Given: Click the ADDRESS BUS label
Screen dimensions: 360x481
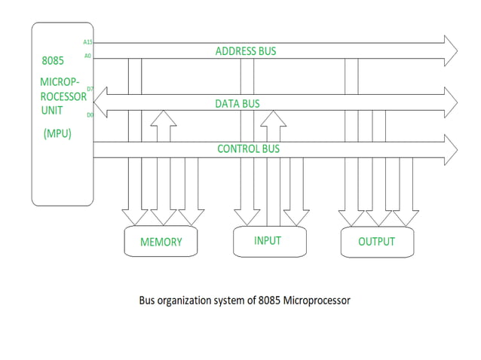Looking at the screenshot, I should (246, 51).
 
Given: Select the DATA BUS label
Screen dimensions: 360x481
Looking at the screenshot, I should (237, 104).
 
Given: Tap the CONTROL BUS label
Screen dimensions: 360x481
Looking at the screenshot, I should (248, 148).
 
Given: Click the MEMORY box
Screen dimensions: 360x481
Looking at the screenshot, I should (161, 242).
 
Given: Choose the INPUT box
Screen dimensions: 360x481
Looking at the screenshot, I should (268, 241).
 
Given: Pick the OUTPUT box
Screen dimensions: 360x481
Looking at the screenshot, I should (376, 242).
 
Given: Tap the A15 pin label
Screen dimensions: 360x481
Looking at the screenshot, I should (87, 42).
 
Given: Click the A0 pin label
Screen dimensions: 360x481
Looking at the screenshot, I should (87, 56).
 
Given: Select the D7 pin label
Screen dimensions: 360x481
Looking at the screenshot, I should (89, 89).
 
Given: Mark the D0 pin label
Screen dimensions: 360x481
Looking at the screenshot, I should (89, 114).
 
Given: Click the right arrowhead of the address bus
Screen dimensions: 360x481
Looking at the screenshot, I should (450, 50).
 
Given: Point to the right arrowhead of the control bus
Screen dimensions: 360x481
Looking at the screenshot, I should (450, 148).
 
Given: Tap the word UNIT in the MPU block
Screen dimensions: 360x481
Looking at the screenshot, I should (53, 110).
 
